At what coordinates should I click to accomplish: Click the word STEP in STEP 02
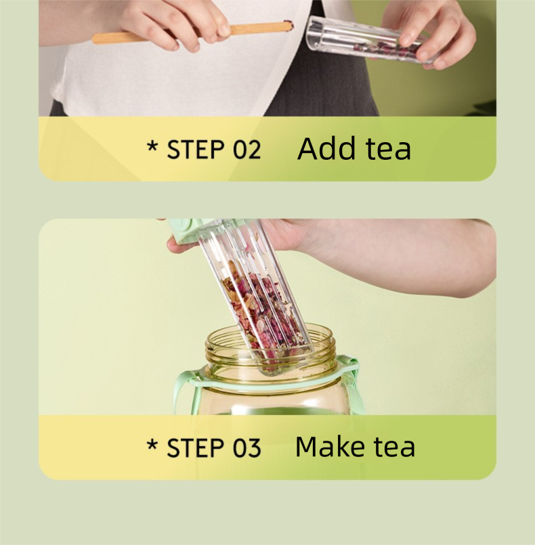pyautogui.click(x=196, y=150)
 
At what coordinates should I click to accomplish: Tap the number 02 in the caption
pyautogui.click(x=247, y=150)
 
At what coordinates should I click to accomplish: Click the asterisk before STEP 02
pyautogui.click(x=152, y=146)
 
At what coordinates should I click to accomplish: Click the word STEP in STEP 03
pyautogui.click(x=196, y=448)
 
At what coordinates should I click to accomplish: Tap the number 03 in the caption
pyautogui.click(x=247, y=448)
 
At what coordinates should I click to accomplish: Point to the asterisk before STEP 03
pyautogui.click(x=152, y=445)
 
